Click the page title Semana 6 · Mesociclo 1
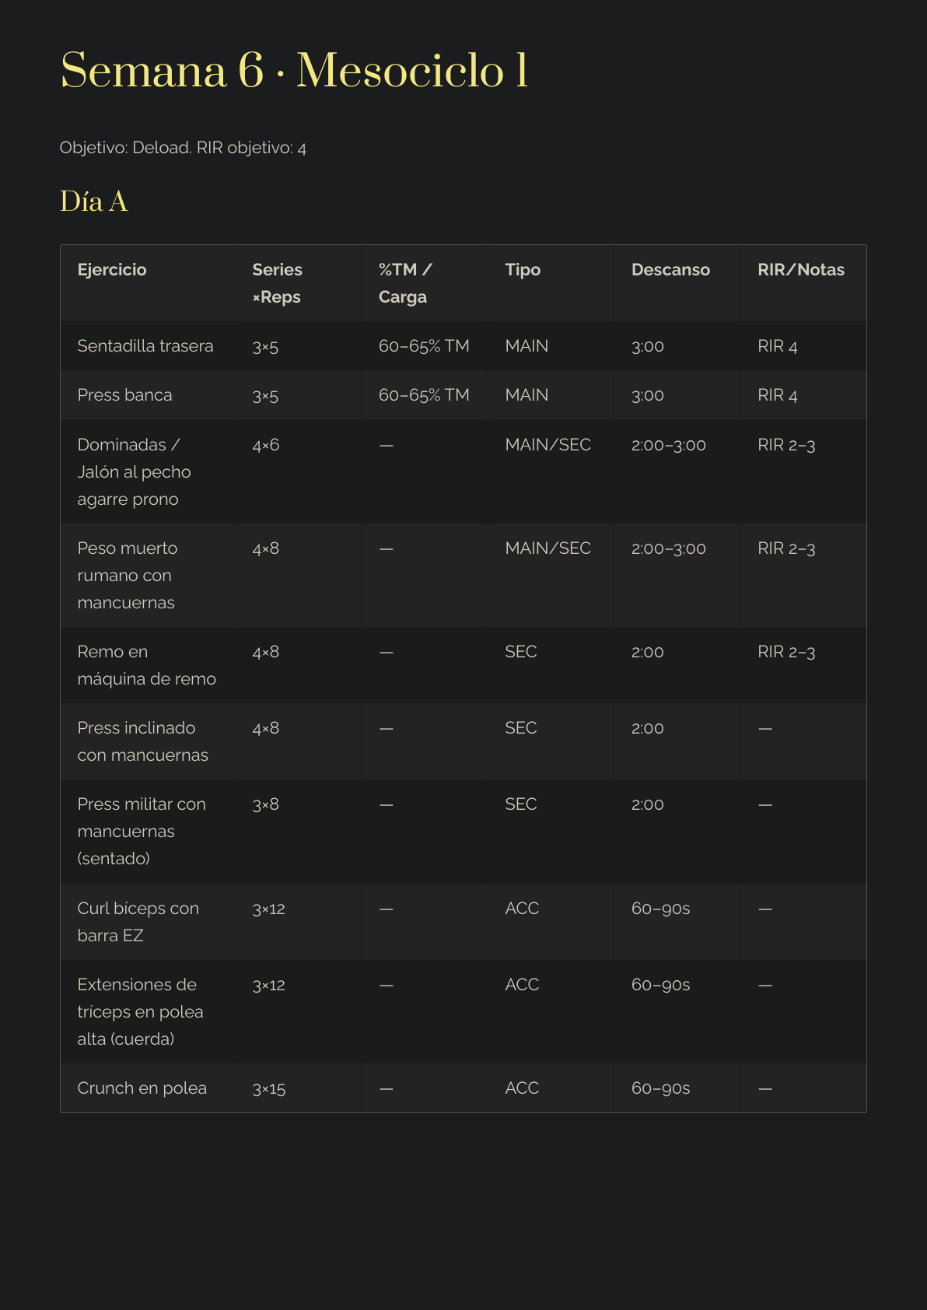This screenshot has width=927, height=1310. coord(294,71)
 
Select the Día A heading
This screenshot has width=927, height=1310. coord(94,202)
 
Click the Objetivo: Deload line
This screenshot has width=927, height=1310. coord(183,148)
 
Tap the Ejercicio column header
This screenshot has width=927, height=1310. coord(112,270)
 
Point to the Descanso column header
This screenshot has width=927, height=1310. coord(670,270)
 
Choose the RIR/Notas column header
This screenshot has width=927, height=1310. coord(800,270)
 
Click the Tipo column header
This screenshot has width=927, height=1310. coord(523,270)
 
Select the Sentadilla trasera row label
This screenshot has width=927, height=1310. coord(145,346)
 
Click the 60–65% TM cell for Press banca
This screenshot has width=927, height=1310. coord(424,395)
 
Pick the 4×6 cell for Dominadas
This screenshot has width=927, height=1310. coord(266,445)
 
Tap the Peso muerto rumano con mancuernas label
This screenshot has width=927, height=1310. coord(128,576)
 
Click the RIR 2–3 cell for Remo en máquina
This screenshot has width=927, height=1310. coord(786,652)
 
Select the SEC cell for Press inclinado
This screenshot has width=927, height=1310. coord(521,728)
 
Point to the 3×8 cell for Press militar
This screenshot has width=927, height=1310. coord(266,804)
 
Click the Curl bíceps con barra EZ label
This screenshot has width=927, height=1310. coord(138,922)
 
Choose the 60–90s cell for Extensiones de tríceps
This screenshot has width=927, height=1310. coord(660,985)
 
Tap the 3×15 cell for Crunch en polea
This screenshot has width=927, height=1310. coord(269,1088)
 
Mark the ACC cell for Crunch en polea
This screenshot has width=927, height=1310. coord(522,1088)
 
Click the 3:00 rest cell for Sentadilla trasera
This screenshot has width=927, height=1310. coord(648,346)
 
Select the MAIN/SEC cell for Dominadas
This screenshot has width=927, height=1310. coord(547,445)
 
